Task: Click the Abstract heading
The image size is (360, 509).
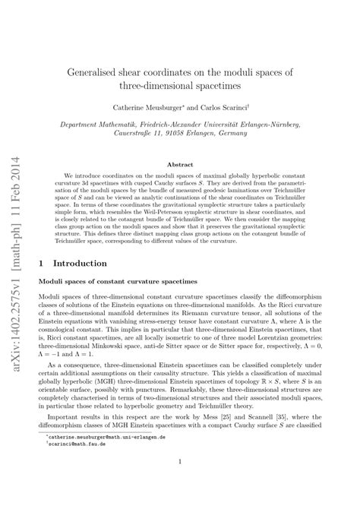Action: point(180,163)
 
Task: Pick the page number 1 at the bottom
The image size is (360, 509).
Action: point(180,482)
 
